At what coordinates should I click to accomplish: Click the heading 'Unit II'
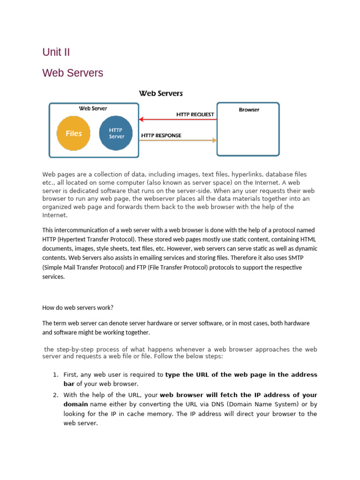click(x=56, y=52)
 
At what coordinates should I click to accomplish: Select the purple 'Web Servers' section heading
click(x=73, y=73)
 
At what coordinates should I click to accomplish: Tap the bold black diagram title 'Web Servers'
click(x=161, y=94)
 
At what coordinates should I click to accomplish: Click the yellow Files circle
click(x=74, y=134)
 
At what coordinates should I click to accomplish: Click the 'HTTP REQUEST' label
click(x=195, y=114)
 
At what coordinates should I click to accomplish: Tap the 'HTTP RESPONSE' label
click(x=161, y=135)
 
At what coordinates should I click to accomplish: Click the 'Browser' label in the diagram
click(x=249, y=110)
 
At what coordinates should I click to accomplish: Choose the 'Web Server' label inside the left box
click(x=93, y=108)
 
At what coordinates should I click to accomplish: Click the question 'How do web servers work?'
click(x=78, y=307)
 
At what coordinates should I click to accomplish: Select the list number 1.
click(x=55, y=375)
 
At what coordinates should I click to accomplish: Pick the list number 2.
click(x=55, y=395)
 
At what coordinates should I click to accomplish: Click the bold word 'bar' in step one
click(x=69, y=383)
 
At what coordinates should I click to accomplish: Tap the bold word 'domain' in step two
click(x=75, y=404)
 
